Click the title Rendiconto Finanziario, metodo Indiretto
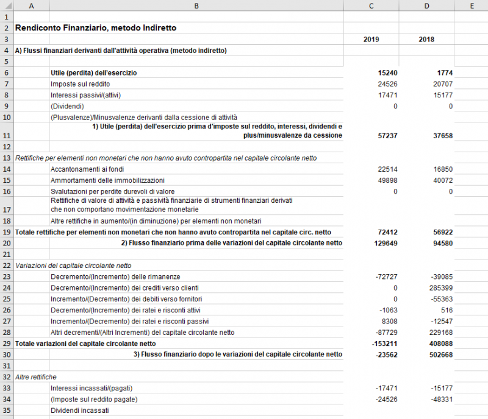(x=95, y=27)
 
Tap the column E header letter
(x=472, y=5)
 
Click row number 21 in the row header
(x=5, y=254)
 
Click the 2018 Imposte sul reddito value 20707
(x=442, y=83)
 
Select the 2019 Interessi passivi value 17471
(x=387, y=94)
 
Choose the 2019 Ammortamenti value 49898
(x=387, y=180)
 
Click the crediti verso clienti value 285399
(x=440, y=287)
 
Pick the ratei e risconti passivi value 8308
(x=389, y=321)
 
